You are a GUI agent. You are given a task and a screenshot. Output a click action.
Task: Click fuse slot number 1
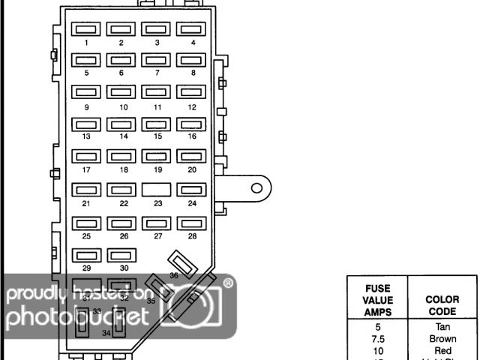click(x=86, y=29)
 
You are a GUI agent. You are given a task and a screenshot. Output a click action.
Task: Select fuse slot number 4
click(x=192, y=29)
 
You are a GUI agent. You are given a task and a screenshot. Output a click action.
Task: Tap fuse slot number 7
click(x=157, y=60)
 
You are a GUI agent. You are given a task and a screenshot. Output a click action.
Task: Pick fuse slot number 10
click(x=121, y=92)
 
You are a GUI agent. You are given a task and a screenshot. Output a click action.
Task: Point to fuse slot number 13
click(x=86, y=124)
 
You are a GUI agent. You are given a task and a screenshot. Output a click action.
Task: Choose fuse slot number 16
click(x=192, y=124)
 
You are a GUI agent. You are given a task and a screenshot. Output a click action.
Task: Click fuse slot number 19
click(x=157, y=157)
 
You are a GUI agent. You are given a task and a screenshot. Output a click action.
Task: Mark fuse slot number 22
click(x=121, y=190)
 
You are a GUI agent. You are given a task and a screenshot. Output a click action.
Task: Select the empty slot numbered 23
click(x=157, y=190)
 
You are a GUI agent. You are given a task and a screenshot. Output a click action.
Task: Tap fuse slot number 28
click(x=192, y=223)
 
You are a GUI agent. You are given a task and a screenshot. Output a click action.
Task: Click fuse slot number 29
click(x=86, y=255)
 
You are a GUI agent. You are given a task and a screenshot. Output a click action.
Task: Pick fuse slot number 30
click(x=121, y=255)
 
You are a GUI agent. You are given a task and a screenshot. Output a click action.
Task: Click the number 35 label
click(x=151, y=301)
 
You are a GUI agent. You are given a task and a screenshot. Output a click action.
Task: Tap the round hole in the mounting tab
click(x=256, y=187)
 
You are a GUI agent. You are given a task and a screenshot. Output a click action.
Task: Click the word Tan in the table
click(x=442, y=327)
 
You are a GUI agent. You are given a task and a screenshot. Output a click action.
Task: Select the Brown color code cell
click(x=442, y=339)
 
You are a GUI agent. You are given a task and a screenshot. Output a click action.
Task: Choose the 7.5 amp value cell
click(x=378, y=339)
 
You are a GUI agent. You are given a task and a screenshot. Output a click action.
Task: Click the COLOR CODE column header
click(x=442, y=305)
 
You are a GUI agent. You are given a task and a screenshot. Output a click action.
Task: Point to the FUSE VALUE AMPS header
click(x=378, y=299)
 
